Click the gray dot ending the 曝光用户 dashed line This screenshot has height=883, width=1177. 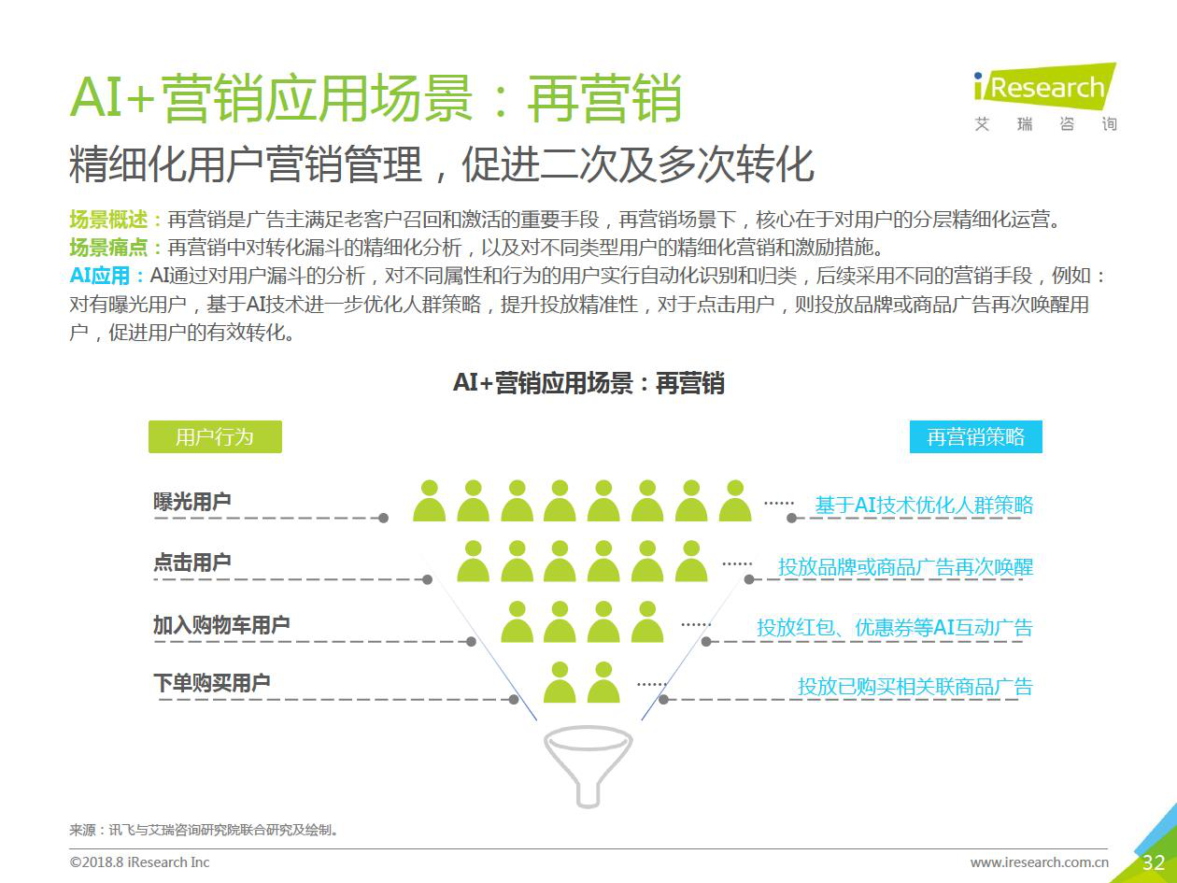383,518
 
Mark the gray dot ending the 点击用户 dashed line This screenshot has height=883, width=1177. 428,579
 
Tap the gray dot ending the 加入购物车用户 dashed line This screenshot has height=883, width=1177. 471,642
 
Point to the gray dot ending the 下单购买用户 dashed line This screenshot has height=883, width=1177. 514,699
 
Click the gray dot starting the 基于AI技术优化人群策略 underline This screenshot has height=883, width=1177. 791,518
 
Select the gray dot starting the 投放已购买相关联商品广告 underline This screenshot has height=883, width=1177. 663,699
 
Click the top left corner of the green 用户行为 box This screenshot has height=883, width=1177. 149,420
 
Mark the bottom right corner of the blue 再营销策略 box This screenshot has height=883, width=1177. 1042,453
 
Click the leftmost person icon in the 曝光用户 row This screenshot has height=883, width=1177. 430,501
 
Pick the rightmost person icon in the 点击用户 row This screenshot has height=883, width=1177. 691,562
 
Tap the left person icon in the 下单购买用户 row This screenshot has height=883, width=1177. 560,682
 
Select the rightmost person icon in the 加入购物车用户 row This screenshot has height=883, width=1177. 647,622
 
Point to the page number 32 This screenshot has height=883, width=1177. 1154,862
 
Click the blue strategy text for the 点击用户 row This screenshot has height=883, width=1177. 906,567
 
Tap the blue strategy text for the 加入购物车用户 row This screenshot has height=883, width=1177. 895,628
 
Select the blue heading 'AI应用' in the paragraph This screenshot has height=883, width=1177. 100,276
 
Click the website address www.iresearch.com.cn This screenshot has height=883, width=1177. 1039,862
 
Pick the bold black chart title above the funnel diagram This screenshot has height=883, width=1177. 588,383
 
